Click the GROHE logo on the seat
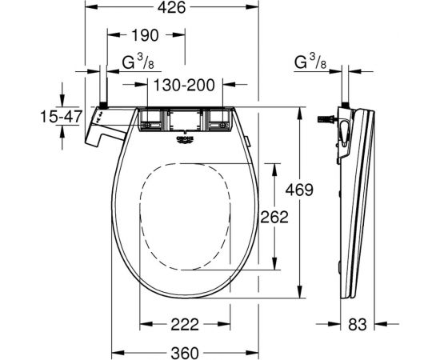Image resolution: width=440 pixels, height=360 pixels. [183, 141]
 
